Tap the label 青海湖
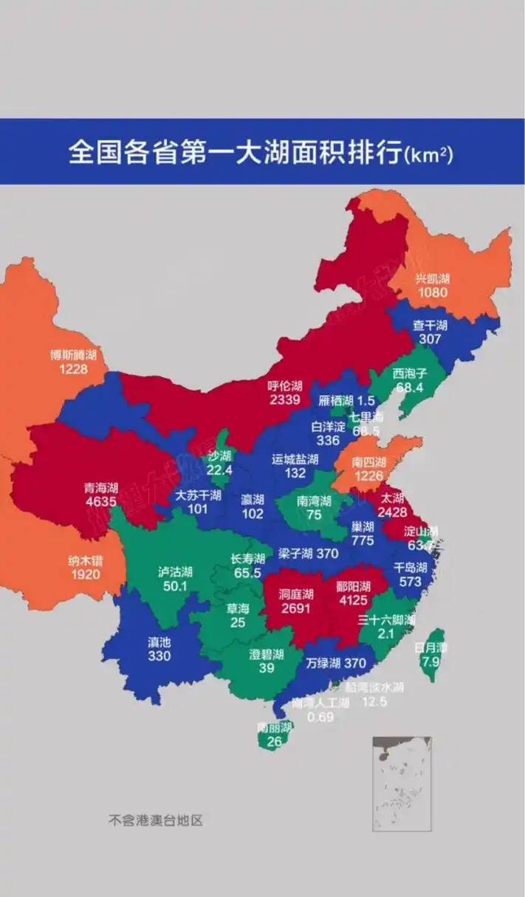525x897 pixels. coord(101,488)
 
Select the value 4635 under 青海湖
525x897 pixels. coord(101,501)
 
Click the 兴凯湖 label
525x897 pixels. coord(432,279)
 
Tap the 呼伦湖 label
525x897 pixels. coord(284,386)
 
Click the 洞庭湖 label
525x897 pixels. coord(296,594)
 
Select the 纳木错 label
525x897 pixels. coord(86,560)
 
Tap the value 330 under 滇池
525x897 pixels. coord(159,656)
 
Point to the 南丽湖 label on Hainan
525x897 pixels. coord(275,728)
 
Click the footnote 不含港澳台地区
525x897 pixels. coord(156,819)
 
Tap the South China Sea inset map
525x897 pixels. coord(402,783)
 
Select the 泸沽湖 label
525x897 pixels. coord(175,572)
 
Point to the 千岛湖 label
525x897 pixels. coord(411,568)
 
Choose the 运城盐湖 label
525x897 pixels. coord(295,459)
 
